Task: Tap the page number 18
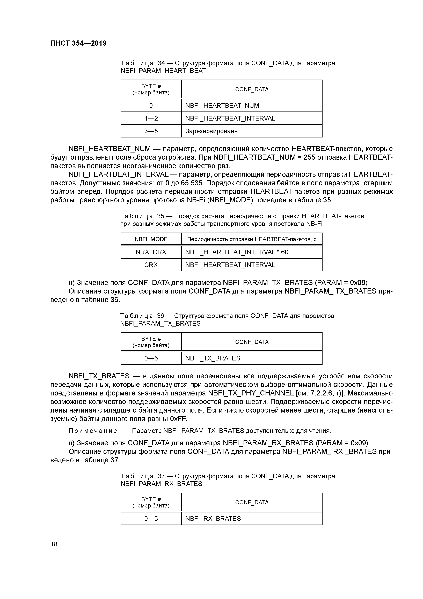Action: tap(54, 544)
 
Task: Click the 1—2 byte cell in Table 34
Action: tap(151, 119)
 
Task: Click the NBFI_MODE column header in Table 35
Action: tap(151, 239)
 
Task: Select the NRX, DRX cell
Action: tap(151, 252)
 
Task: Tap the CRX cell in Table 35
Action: tap(151, 265)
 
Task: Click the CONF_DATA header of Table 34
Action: tap(252, 89)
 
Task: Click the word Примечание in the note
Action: tap(92, 431)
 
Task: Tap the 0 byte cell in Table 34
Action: tap(151, 106)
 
